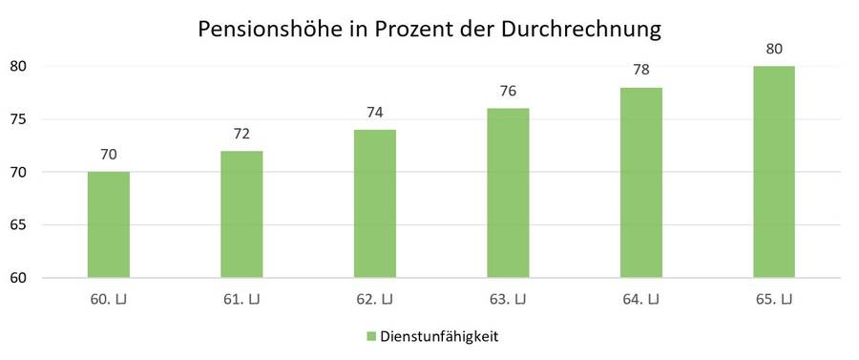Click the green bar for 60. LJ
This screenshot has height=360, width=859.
(108, 225)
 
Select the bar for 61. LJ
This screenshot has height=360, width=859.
(241, 215)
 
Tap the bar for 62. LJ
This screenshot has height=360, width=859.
(374, 204)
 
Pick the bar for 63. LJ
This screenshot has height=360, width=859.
(508, 194)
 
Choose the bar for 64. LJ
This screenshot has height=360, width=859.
(640, 183)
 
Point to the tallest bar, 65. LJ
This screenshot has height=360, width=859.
(774, 173)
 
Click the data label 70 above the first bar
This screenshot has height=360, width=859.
(108, 155)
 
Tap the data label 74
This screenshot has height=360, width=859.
(374, 113)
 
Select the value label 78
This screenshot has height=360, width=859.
(640, 71)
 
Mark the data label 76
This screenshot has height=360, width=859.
(508, 92)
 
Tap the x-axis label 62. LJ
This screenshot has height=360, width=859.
(374, 300)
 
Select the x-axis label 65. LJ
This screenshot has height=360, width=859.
(774, 300)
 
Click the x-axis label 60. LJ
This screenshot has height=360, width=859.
(108, 300)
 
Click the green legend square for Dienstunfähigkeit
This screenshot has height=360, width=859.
(370, 336)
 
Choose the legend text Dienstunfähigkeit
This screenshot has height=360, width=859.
(440, 336)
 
